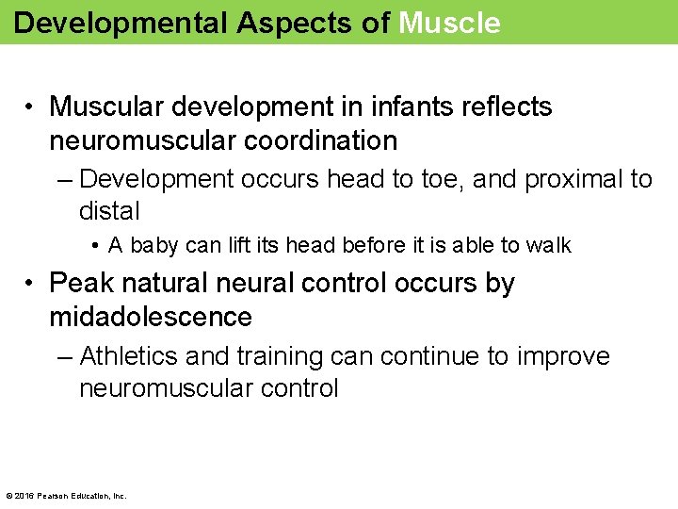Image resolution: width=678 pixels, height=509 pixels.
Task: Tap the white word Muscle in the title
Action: coord(449,23)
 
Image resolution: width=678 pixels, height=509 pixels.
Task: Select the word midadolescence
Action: coord(151,318)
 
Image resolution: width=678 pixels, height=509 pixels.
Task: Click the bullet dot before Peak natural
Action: coord(31,284)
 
